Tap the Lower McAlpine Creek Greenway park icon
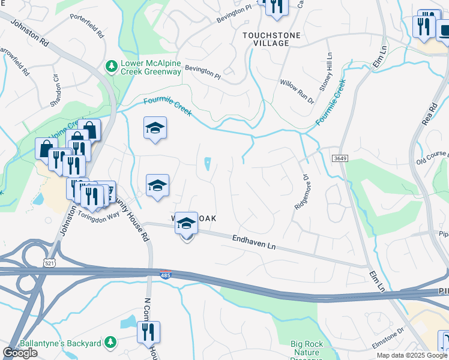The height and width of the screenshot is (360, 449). [110, 65]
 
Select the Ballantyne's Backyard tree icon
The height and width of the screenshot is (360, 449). [110, 342]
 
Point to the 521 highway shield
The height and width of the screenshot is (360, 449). [50, 263]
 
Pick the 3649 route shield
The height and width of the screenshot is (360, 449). [340, 157]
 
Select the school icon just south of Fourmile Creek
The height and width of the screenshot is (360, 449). [155, 128]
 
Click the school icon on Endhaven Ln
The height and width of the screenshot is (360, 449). [187, 223]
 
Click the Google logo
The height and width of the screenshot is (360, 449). [20, 353]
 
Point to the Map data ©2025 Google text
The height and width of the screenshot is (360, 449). [412, 355]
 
